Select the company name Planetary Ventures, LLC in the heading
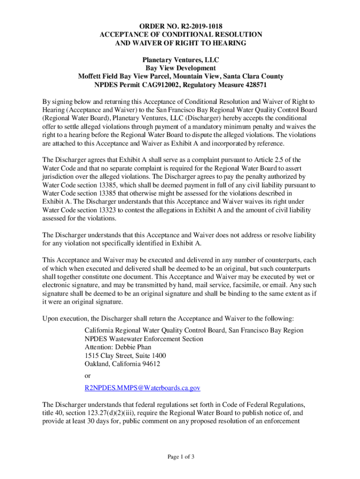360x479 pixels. coord(180,60)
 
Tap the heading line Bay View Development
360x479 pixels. coord(180,68)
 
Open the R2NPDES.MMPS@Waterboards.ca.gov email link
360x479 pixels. coord(142,388)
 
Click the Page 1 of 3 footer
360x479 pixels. coord(180,457)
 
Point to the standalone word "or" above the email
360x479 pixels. coord(87,376)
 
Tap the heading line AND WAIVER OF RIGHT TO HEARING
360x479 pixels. coord(180,43)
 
